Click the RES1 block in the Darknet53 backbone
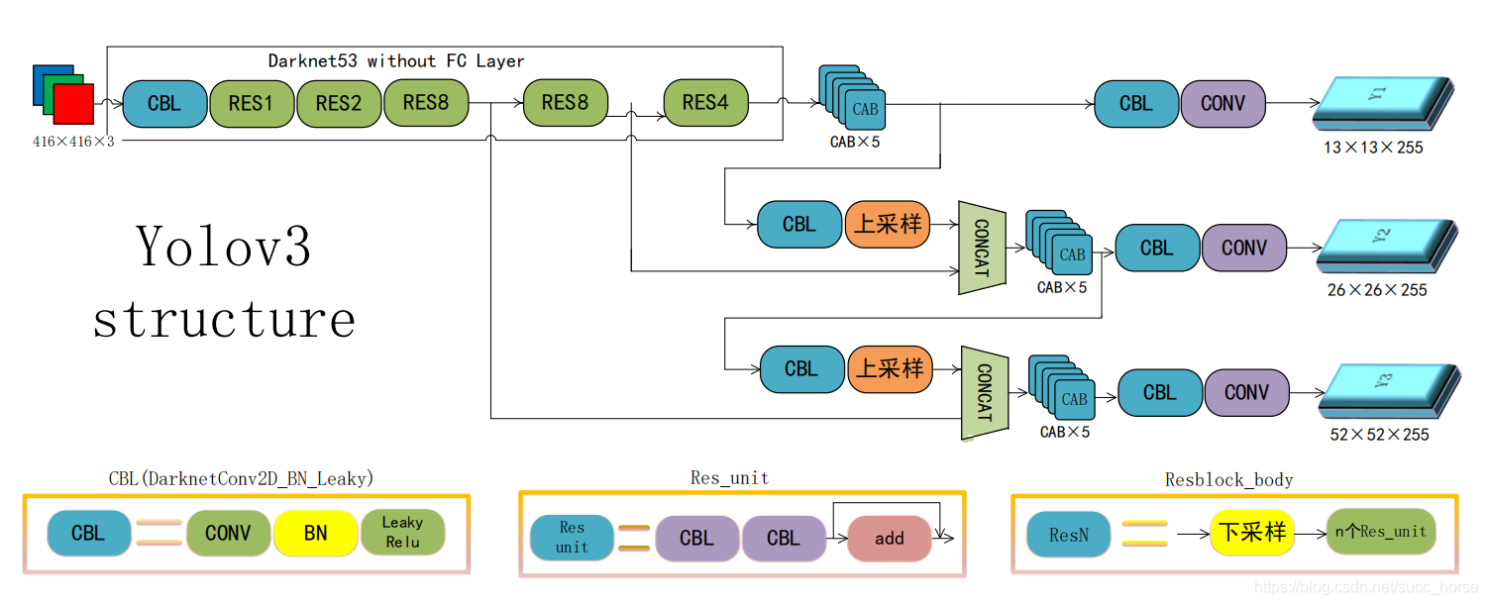click(252, 103)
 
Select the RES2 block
click(339, 103)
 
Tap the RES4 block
click(705, 103)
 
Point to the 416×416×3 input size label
click(73, 142)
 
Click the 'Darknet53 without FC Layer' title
click(396, 61)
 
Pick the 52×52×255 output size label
click(1379, 434)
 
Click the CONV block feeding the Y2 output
click(1244, 248)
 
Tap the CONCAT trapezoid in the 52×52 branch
click(985, 393)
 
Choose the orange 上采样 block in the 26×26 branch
click(888, 224)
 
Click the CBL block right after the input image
click(164, 103)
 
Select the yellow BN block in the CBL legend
click(315, 533)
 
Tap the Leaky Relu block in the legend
click(402, 533)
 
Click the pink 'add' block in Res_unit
click(889, 538)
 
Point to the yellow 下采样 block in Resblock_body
click(1251, 533)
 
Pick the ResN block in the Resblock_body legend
click(1069, 535)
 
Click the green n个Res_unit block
click(1380, 532)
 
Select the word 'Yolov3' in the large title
click(224, 247)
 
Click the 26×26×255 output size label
click(1377, 290)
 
